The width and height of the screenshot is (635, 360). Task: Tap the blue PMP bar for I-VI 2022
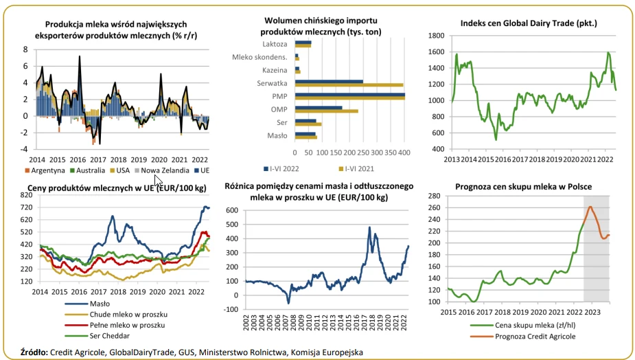[x=349, y=95]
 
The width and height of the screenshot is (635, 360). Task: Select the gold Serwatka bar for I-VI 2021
[x=349, y=85]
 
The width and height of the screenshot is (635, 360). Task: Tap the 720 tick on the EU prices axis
[x=27, y=196]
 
